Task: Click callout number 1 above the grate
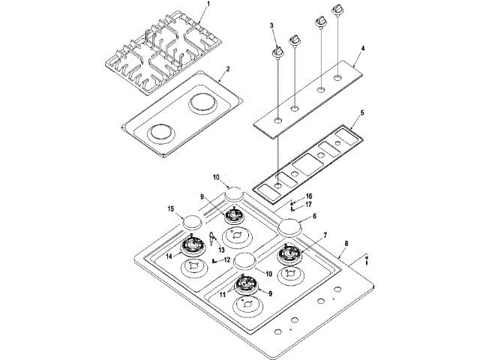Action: [x=208, y=5]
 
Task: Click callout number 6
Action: [x=314, y=215]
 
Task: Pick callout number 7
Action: [x=324, y=235]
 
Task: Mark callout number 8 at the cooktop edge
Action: [x=346, y=244]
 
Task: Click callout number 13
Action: [x=222, y=249]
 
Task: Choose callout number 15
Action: [x=171, y=208]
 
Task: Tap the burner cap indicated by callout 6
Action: [x=291, y=226]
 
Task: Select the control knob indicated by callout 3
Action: [x=277, y=51]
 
